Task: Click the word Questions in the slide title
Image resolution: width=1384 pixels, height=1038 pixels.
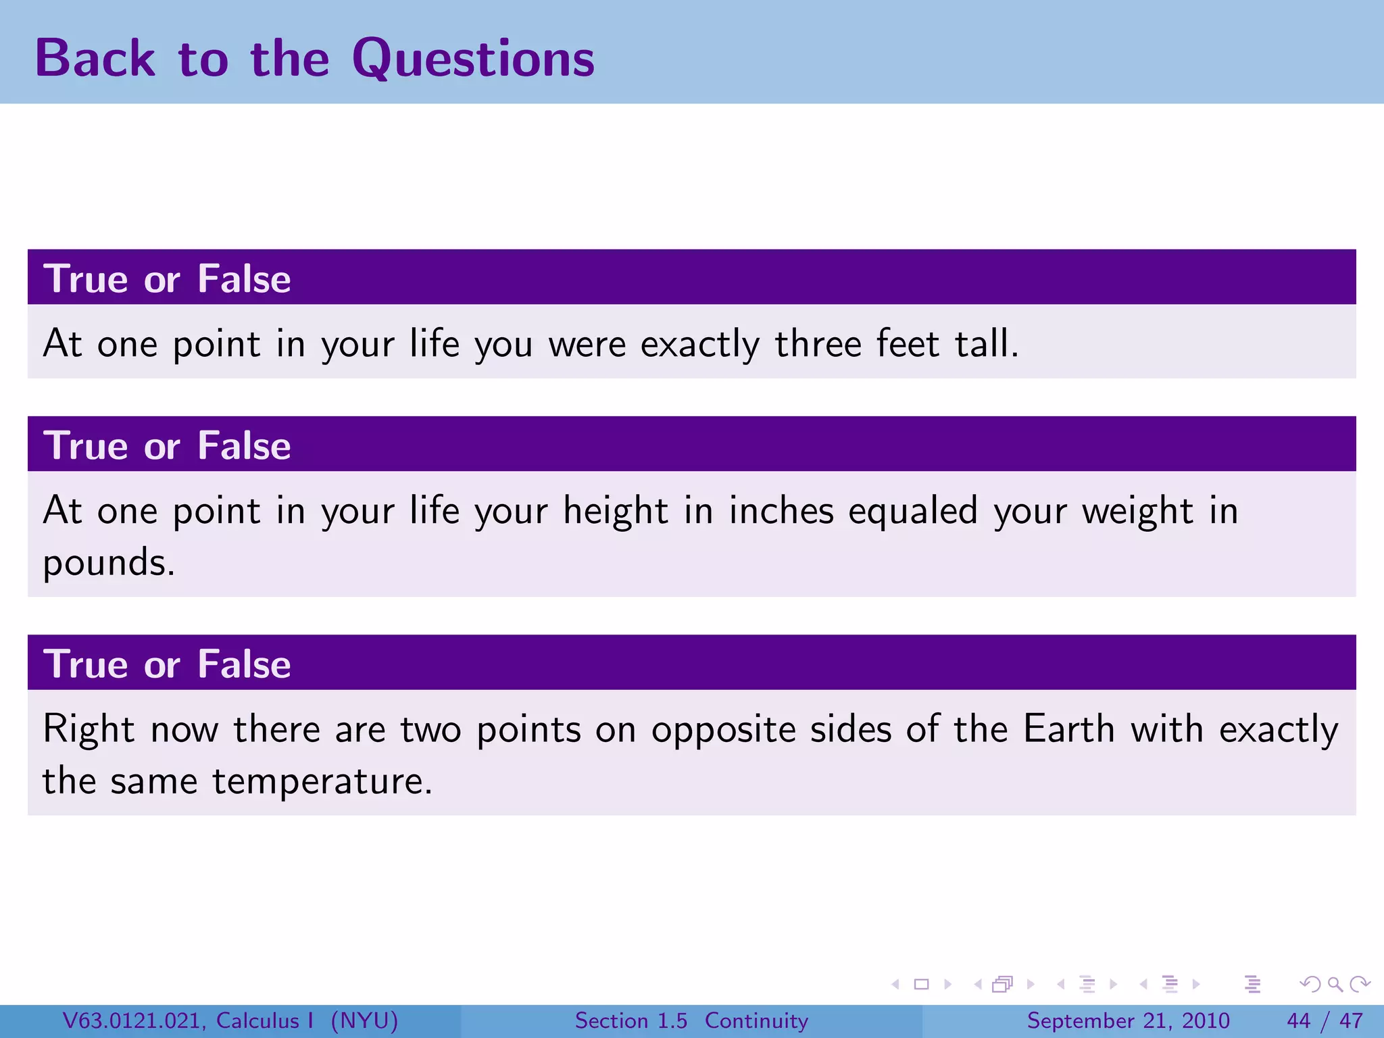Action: (x=473, y=59)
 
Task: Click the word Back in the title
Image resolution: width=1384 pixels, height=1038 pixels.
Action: (x=95, y=58)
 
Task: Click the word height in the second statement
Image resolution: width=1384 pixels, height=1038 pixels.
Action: (x=616, y=511)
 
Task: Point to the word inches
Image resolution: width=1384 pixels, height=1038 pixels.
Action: (x=781, y=510)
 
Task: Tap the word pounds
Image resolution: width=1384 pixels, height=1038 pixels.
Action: (x=108, y=562)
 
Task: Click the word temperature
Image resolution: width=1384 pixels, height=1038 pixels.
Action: (x=322, y=781)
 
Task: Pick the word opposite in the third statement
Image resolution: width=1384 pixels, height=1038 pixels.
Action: (x=723, y=730)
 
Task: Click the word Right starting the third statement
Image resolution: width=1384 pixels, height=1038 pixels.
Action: (x=89, y=730)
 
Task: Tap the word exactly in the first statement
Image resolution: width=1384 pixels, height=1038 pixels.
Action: (x=699, y=345)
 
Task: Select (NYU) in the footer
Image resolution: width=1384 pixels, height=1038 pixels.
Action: (x=364, y=1020)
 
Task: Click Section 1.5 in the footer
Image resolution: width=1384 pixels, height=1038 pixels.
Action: (x=631, y=1020)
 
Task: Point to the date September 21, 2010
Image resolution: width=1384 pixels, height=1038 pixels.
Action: (x=1128, y=1020)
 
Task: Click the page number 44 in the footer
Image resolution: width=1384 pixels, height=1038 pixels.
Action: (x=1298, y=1020)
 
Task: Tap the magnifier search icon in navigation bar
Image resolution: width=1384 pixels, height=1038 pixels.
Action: (x=1335, y=984)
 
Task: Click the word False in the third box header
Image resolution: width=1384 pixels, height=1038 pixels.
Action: (x=244, y=664)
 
